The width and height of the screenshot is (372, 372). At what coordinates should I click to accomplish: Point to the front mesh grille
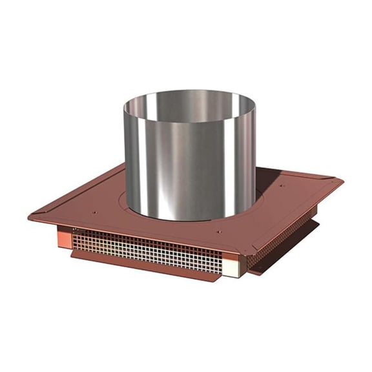click(149, 248)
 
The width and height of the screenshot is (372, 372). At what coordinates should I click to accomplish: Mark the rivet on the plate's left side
click(94, 212)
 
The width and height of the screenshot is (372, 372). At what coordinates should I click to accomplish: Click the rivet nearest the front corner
click(218, 232)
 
